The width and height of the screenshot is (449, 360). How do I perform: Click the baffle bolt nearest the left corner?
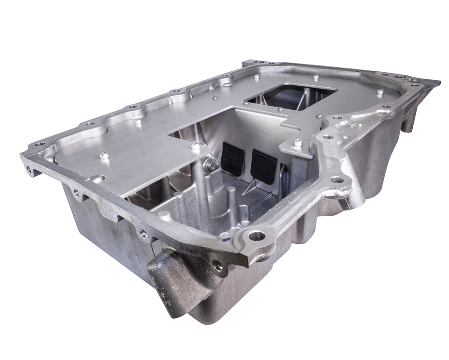pos(104,155)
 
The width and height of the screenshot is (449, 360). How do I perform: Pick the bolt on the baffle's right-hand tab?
pos(298,143)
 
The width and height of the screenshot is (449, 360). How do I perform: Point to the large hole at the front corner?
pos(257,235)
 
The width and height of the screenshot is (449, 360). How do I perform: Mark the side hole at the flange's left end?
pos(30,171)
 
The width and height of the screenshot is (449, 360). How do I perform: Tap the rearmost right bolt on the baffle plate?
pos(380,92)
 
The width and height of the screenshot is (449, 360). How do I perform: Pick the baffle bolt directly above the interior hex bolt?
pos(196,147)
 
